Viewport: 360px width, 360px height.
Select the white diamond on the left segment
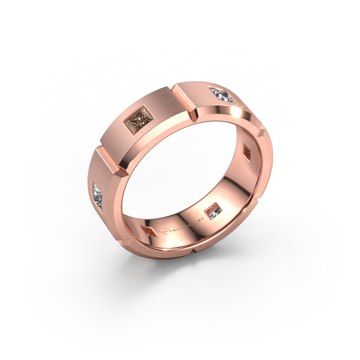click(x=99, y=195)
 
